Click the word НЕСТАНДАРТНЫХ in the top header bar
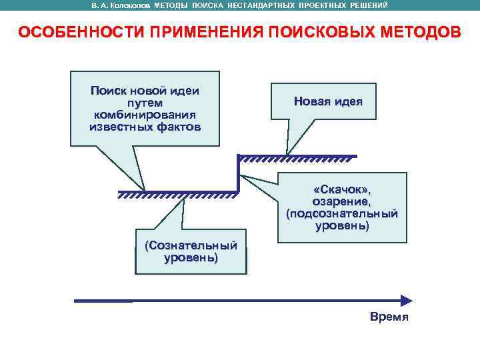tap(269, 5)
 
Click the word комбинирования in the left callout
tap(145, 115)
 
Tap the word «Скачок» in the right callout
tap(343, 190)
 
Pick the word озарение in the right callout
tap(342, 201)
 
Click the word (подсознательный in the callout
tap(342, 213)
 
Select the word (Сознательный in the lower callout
tap(191, 245)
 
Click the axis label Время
tap(389, 317)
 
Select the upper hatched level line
tap(297, 157)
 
